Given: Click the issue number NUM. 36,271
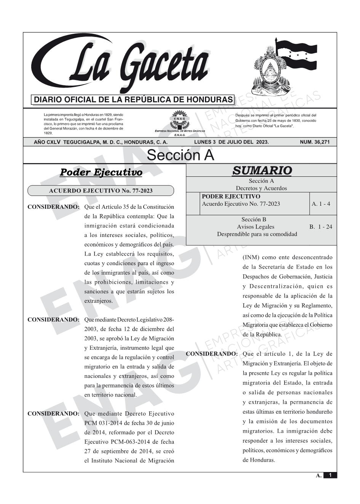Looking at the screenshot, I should point(315,142).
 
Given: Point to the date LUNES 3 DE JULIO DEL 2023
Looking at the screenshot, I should point(231,142).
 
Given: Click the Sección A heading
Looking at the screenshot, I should point(180,155).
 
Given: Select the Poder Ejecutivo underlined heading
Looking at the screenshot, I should point(101,173).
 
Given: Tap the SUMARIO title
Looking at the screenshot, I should point(262,171).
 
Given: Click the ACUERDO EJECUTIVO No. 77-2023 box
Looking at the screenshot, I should point(101,191).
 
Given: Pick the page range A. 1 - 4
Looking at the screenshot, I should point(321,204).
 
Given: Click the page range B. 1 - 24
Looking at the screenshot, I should point(321,227).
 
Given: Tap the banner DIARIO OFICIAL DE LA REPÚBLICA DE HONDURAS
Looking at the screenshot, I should point(133,100).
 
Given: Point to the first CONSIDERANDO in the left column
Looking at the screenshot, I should point(53,207).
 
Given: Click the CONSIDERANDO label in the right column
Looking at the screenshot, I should point(212,354).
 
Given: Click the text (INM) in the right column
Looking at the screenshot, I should point(251,258).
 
